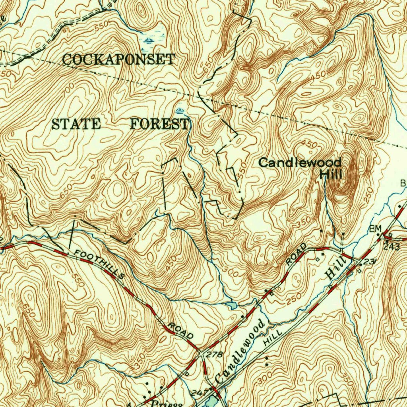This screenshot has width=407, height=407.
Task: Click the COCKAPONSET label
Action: (118, 60)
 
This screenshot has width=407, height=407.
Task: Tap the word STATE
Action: (76, 124)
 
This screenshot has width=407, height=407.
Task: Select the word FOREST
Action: (159, 124)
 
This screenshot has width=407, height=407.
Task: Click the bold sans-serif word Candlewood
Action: (300, 163)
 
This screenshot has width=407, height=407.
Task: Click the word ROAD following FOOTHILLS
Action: (181, 331)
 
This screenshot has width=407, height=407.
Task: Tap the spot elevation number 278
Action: (215, 355)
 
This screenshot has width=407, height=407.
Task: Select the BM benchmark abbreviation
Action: (375, 229)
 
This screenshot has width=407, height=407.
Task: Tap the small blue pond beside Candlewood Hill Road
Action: (231, 305)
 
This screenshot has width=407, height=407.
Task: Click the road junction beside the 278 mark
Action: (202, 352)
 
